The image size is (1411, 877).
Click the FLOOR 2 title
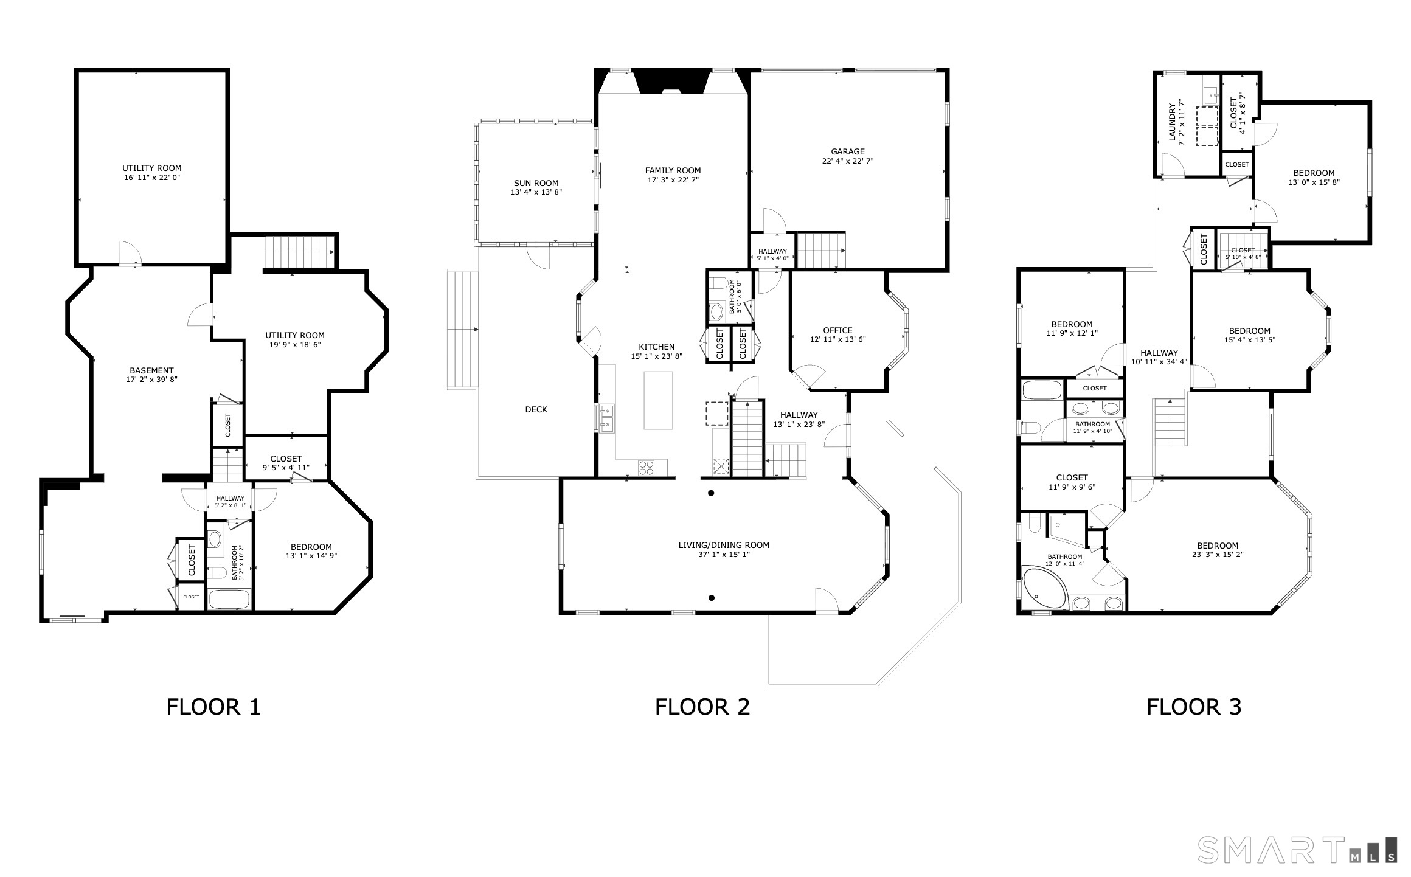702,707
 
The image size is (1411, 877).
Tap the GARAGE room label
848,151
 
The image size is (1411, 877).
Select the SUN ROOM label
536,183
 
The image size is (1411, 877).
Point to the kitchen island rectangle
658,400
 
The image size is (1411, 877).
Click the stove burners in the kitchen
646,467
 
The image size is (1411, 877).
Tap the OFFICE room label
837,330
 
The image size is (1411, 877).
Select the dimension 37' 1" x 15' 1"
724,555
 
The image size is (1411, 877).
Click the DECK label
536,409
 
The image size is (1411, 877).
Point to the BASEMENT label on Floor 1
151,370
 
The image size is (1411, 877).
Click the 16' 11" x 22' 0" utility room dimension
151,178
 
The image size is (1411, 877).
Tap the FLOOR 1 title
213,707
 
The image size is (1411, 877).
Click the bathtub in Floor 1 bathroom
229,600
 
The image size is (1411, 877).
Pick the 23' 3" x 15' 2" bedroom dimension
1218,555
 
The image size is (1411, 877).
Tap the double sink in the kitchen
606,418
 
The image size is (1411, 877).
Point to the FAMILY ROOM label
673,170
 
